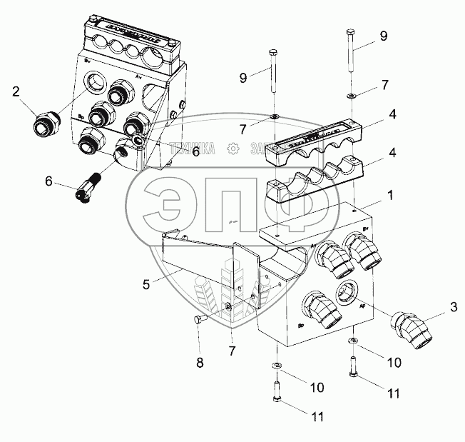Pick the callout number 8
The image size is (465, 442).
(x=200, y=362)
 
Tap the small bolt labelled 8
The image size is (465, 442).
(x=200, y=321)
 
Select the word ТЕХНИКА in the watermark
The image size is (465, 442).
(x=195, y=149)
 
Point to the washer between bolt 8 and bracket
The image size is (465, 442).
(x=228, y=308)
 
